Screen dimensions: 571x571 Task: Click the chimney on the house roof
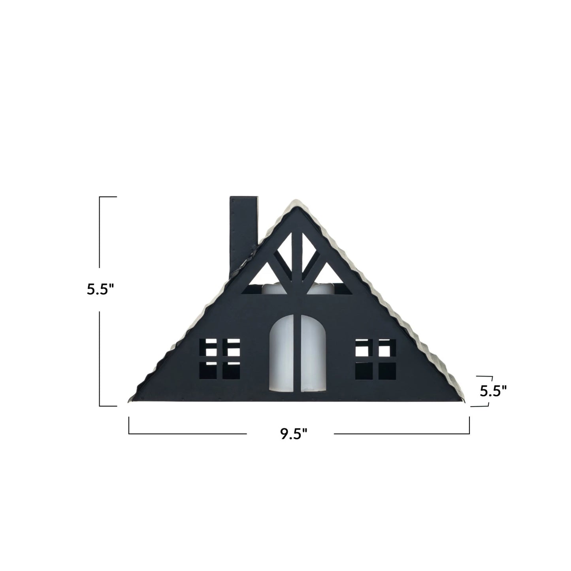click(243, 233)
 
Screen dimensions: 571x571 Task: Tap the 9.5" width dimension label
click(294, 433)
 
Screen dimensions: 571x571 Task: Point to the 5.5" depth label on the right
click(493, 391)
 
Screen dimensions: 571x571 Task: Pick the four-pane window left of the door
click(220, 358)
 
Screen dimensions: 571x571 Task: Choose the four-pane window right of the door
click(375, 359)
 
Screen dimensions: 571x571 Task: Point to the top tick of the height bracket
click(108, 197)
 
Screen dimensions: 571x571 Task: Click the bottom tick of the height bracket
click(108, 405)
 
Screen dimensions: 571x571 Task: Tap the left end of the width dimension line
click(129, 433)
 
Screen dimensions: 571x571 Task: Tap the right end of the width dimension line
click(469, 433)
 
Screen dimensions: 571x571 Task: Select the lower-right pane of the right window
click(387, 371)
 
